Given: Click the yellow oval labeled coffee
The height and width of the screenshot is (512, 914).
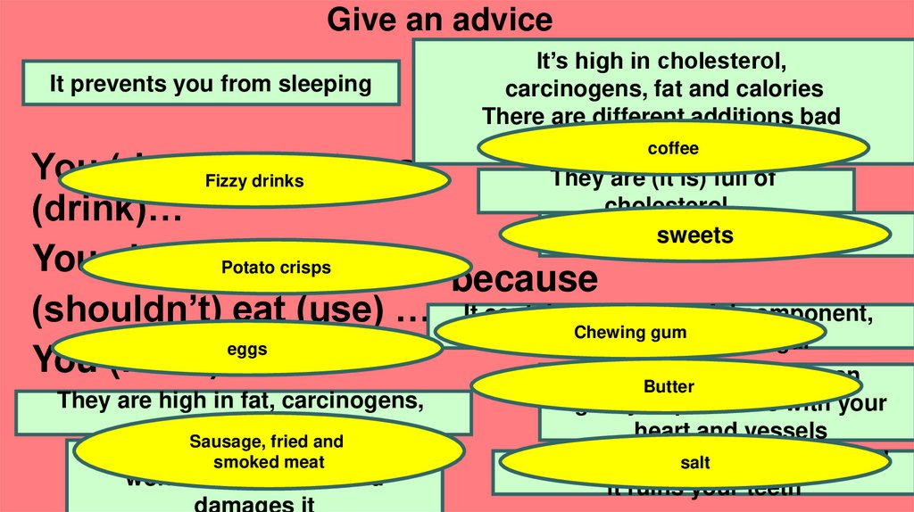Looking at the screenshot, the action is click(673, 148).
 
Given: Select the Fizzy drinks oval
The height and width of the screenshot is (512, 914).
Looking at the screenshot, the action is click(254, 181).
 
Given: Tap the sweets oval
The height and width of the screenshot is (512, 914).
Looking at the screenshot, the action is click(694, 235).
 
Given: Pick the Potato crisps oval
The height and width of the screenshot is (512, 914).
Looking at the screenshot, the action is click(276, 267).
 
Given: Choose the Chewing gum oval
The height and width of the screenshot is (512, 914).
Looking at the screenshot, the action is click(630, 333).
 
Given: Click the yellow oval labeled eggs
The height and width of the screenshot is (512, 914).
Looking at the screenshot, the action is click(247, 350).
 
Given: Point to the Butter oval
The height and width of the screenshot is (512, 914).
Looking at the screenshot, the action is click(669, 386).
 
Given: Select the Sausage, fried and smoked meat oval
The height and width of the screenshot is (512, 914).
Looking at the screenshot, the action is click(267, 451).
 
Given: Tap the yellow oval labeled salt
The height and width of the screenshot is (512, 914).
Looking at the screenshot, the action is click(694, 463).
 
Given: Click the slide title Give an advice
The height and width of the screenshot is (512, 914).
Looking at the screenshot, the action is click(439, 19).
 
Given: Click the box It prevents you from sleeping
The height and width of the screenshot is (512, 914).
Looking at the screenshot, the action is click(211, 84).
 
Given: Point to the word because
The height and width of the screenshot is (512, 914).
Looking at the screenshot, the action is click(524, 279).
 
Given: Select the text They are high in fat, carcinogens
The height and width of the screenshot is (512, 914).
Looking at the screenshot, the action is click(241, 401).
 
